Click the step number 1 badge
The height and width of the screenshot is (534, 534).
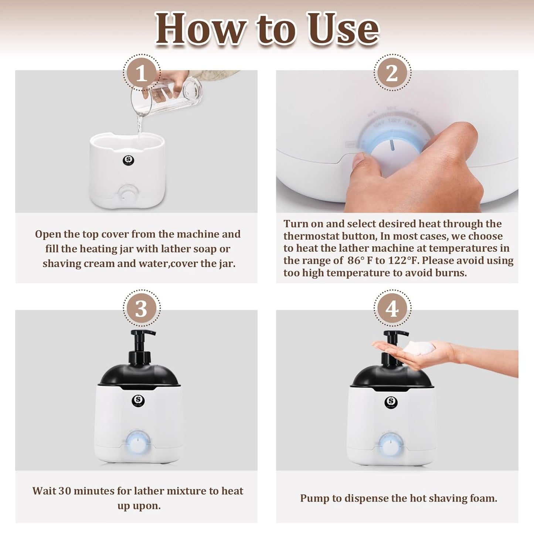click(142, 73)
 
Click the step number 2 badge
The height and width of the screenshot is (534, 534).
click(392, 73)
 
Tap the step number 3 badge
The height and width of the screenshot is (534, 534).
click(142, 308)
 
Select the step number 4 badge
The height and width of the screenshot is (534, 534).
click(392, 308)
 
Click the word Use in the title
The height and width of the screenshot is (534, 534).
click(343, 29)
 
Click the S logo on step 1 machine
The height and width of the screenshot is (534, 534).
click(128, 160)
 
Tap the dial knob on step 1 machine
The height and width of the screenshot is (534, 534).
click(129, 193)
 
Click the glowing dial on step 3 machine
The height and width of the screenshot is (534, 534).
click(137, 443)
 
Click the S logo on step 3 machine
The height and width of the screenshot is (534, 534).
click(138, 400)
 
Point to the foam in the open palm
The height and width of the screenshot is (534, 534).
click(419, 348)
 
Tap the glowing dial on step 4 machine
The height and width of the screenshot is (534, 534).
click(390, 445)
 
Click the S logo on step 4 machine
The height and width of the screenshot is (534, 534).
click(391, 402)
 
